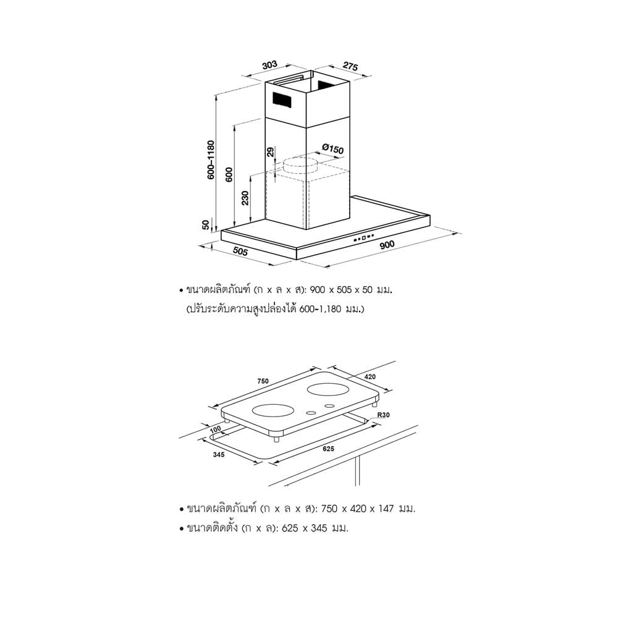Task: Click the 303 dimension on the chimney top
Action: (x=269, y=65)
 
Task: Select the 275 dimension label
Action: (x=350, y=66)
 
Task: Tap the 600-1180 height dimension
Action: (x=211, y=159)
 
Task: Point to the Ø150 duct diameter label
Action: (x=333, y=148)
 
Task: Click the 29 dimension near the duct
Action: (x=270, y=152)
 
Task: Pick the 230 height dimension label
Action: (x=245, y=198)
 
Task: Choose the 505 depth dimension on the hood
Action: (x=240, y=251)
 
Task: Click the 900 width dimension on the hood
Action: (x=387, y=245)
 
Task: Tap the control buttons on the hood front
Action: (x=363, y=238)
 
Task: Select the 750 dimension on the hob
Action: (x=263, y=381)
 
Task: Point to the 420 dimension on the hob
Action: (x=370, y=377)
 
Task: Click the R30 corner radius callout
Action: (x=383, y=415)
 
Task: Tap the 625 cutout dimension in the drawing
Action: (x=328, y=449)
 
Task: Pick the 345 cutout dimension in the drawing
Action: (x=218, y=454)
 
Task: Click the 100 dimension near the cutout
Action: (x=215, y=430)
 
